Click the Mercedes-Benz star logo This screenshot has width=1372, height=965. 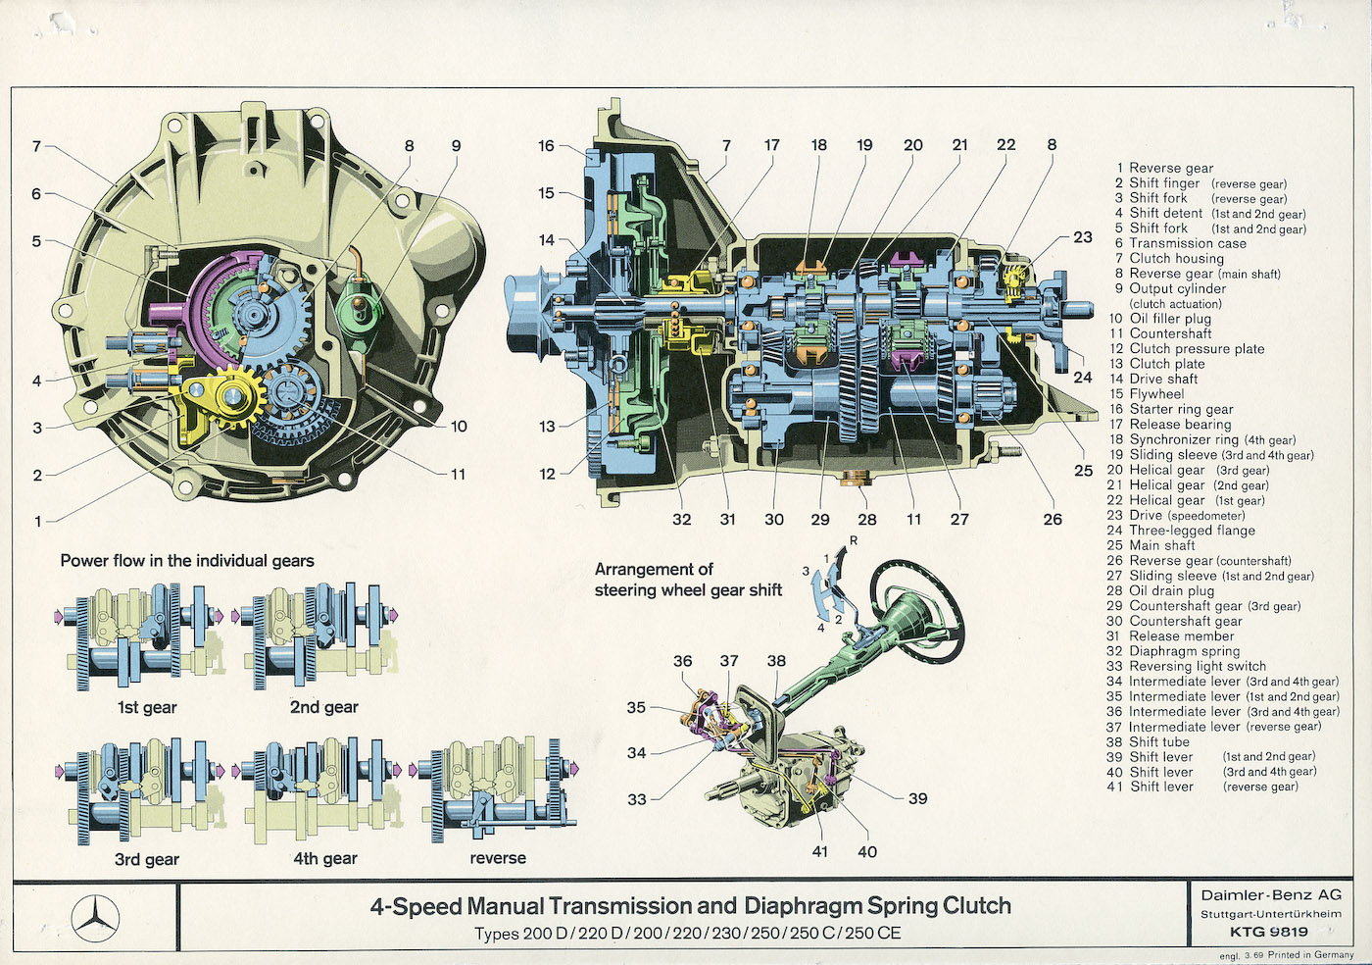(95, 921)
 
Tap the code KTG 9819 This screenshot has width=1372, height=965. (1269, 932)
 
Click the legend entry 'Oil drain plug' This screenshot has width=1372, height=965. (1171, 590)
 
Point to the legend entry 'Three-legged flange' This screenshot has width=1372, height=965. (1192, 531)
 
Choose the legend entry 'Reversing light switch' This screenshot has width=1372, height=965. (1197, 666)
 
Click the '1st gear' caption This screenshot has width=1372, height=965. (147, 707)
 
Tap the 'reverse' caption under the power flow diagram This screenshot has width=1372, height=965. (498, 858)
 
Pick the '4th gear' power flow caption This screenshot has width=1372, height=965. (325, 858)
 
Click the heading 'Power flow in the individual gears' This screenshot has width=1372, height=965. (187, 561)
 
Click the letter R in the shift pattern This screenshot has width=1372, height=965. (854, 540)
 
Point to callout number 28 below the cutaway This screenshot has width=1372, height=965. (866, 520)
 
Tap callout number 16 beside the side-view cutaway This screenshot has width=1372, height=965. (546, 146)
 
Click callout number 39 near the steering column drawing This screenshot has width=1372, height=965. (917, 798)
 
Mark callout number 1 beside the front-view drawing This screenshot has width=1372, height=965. (38, 522)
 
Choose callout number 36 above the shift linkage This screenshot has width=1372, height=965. (682, 661)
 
